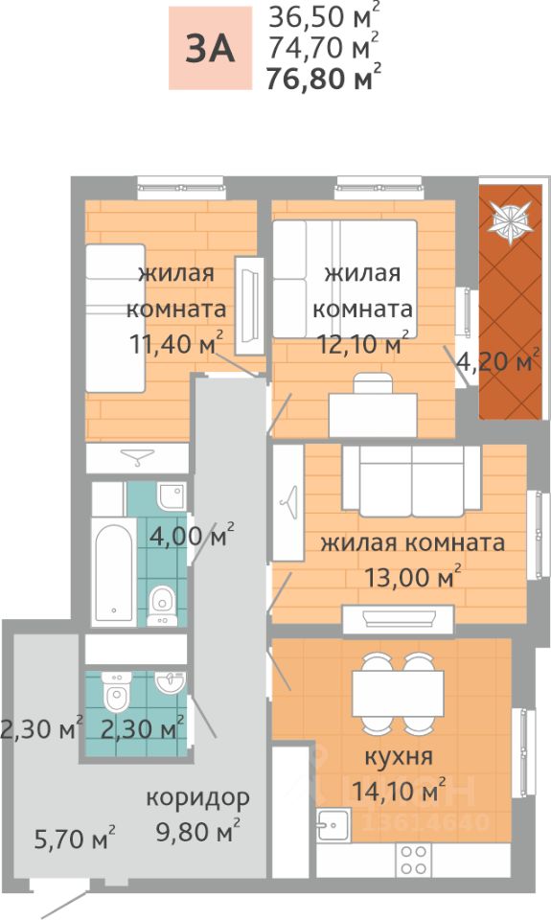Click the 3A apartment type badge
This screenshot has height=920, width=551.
click(210, 49)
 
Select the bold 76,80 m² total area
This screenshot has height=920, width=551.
click(323, 78)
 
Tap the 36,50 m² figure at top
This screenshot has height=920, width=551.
click(323, 16)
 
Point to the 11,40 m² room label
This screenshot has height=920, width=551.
click(176, 343)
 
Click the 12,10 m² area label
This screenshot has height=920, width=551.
click(362, 343)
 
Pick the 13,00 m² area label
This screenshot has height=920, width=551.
click(412, 577)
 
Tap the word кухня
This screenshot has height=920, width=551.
click(399, 757)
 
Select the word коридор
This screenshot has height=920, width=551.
click(197, 798)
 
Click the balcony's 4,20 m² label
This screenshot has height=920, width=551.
click(497, 361)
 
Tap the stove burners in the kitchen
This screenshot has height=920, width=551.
click(414, 861)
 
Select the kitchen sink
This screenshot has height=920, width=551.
click(333, 825)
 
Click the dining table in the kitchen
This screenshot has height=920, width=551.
click(398, 693)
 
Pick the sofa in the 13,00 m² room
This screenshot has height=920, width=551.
click(412, 481)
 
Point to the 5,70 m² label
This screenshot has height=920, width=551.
click(75, 839)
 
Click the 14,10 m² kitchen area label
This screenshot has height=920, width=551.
click(399, 792)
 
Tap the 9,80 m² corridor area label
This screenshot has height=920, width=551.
click(197, 832)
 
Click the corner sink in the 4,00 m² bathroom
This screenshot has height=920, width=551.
click(172, 497)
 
